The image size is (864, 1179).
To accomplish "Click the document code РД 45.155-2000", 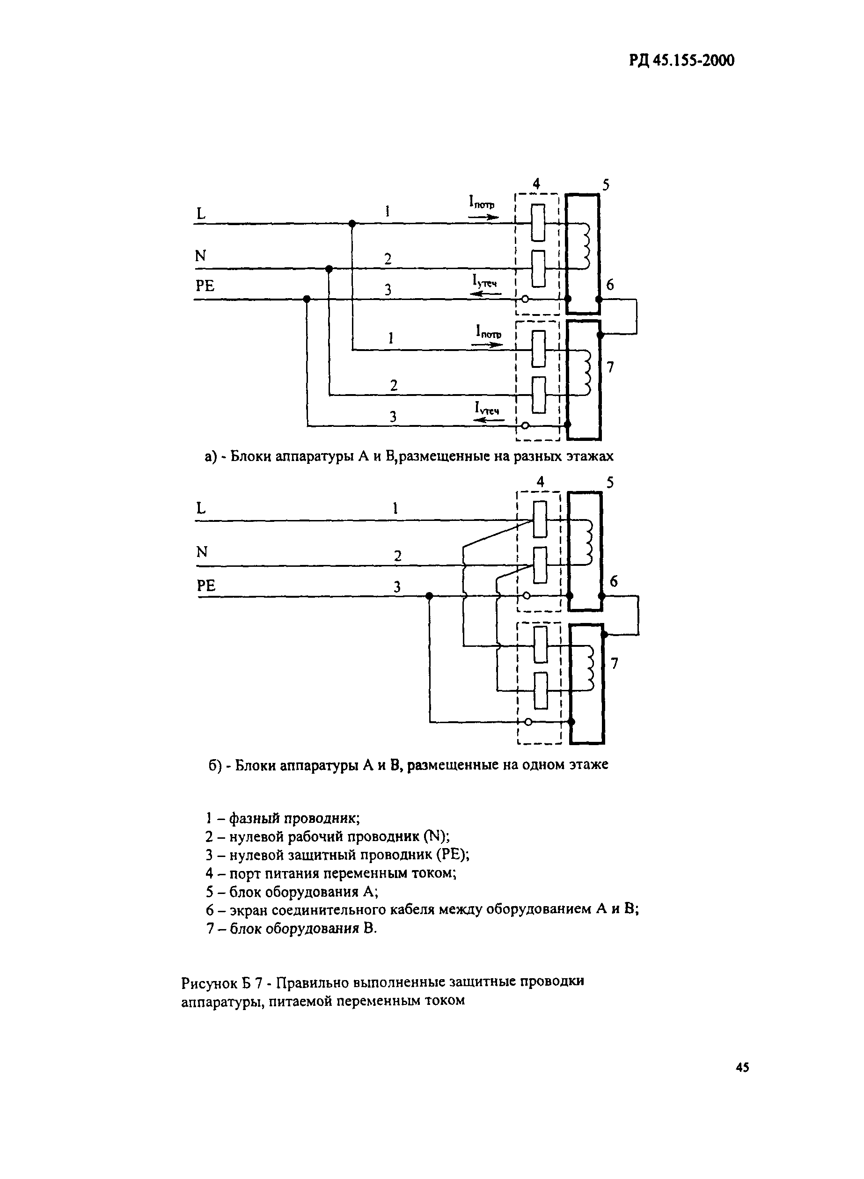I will click(681, 61).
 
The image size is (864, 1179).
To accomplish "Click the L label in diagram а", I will click(201, 213).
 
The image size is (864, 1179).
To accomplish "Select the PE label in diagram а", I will click(205, 286).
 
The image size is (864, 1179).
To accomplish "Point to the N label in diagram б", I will click(202, 552).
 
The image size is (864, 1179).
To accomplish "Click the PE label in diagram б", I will click(206, 586).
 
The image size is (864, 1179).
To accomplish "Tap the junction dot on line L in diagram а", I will click(352, 224).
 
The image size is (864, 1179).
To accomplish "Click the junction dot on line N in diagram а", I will click(329, 269).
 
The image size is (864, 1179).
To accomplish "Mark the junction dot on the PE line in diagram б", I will click(429, 596).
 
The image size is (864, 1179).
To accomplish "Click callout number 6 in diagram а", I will click(610, 285).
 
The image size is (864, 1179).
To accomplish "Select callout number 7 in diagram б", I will click(615, 663).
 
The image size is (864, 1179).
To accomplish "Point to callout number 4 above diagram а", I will click(536, 183).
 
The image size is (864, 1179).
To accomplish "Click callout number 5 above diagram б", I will click(610, 482).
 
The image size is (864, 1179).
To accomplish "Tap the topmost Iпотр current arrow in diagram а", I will click(484, 217).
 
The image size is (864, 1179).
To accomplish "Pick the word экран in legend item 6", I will click(248, 909).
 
